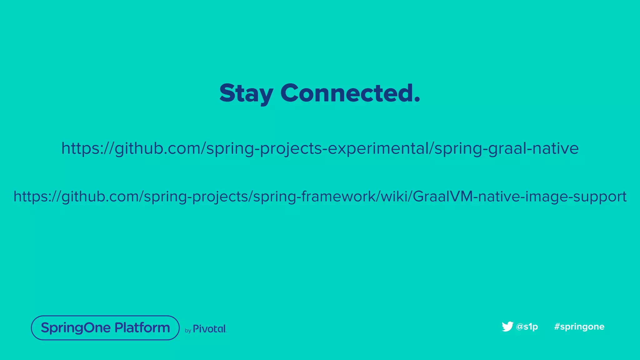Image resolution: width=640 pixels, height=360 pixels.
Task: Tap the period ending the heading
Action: (417, 99)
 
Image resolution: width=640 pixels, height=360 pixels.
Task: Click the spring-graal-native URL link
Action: (320, 148)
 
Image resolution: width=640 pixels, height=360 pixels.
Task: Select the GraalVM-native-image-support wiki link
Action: (320, 197)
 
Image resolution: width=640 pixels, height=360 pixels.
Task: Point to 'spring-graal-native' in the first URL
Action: (507, 148)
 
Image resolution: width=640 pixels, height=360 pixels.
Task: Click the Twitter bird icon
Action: (507, 326)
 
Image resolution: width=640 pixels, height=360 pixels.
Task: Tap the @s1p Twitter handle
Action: (527, 327)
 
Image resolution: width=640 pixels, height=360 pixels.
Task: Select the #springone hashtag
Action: (579, 327)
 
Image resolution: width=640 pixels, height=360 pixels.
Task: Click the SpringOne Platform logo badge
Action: (105, 328)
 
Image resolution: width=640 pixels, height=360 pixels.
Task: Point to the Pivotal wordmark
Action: (209, 329)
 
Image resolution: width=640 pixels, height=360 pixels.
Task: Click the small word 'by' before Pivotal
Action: (188, 331)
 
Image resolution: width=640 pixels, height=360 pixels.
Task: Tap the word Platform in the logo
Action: (142, 327)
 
